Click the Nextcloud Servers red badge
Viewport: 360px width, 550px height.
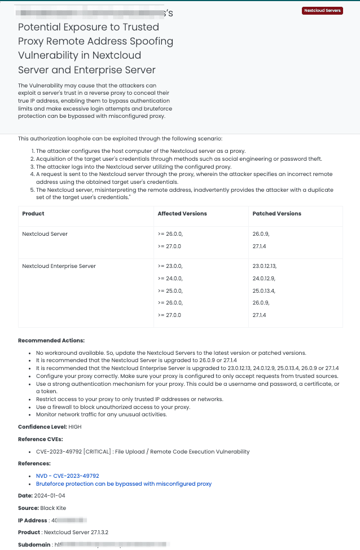coord(323,10)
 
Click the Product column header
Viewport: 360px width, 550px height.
coord(33,214)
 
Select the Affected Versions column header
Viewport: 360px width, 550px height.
coord(182,214)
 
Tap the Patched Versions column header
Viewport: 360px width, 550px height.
coord(276,214)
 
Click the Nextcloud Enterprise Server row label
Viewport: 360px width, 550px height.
coord(59,266)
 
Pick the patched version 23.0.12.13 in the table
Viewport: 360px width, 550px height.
coord(269,266)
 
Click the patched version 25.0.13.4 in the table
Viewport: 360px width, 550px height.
coord(268,291)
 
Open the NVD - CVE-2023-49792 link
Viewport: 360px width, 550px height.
coord(67,476)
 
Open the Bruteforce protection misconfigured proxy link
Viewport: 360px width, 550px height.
coord(124,484)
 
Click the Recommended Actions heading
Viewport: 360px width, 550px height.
coord(51,341)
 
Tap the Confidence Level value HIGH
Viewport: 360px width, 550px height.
coord(75,427)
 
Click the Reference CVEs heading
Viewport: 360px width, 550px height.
coord(41,439)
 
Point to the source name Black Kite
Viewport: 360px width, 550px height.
coord(53,508)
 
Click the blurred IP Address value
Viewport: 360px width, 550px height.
coord(68,520)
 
